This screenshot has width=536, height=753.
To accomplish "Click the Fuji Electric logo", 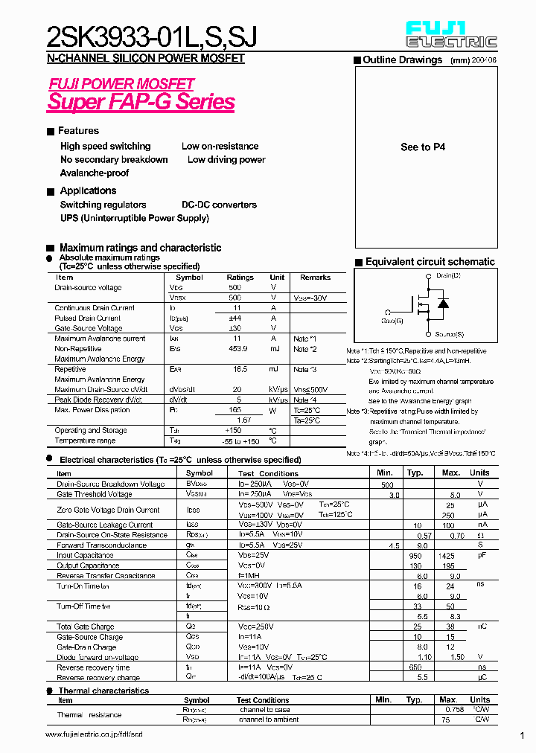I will coord(451,35).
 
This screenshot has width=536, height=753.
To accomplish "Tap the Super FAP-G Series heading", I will coord(141,102).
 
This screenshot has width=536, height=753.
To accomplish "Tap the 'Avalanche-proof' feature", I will coord(95,173).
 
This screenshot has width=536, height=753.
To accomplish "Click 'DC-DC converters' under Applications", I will coord(219,205).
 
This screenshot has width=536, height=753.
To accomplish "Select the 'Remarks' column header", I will coord(315,277).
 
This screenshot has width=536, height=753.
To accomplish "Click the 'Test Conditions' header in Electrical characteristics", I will coord(268,473).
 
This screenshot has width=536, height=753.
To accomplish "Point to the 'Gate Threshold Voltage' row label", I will coord(95,494).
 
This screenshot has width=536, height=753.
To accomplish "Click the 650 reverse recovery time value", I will coord(416,667).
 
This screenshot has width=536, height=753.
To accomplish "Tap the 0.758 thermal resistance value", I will coord(448,710).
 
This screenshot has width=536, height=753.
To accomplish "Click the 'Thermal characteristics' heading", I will coord(103,690).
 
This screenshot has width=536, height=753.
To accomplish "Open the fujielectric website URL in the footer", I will coord(93,734).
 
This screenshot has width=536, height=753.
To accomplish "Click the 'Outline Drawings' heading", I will coord(402,60).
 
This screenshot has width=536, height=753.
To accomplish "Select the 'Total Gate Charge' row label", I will coord(85,627).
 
